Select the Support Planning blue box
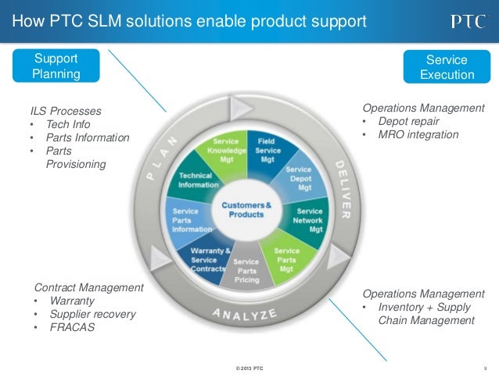point(56,66)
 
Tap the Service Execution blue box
point(447,67)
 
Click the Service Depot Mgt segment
point(298,178)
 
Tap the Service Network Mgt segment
point(309,219)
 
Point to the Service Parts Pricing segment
point(246,270)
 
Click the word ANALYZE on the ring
point(246,315)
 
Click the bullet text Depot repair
point(406,121)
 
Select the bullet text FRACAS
point(72,327)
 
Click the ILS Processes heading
point(66,111)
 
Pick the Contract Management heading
point(89,287)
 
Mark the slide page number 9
point(485,367)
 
